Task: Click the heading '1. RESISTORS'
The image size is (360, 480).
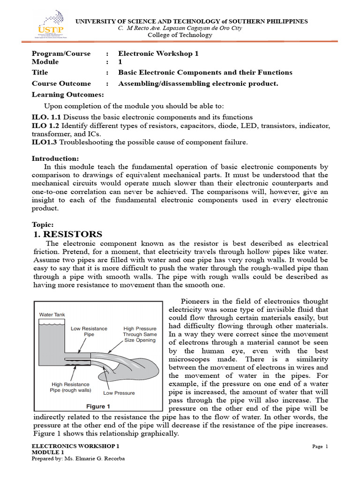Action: pos(68,234)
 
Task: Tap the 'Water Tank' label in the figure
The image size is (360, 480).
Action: pos(52,315)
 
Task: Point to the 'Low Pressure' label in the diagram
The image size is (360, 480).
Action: pos(119,392)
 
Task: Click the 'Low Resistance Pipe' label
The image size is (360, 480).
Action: pos(89,331)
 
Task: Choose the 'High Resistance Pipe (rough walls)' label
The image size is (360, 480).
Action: pos(71,387)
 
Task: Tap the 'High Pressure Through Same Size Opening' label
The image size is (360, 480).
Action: pos(139,334)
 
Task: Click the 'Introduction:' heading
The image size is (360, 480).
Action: pos(55,158)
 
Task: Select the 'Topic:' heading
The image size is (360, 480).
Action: pos(43,224)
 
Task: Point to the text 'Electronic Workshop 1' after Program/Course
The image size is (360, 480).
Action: pos(158,53)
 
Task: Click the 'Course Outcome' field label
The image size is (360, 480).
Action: pos(61,83)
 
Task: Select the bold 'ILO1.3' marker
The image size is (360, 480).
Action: pos(44,142)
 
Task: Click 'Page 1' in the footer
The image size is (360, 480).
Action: pos(320,446)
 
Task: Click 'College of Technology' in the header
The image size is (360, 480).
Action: pos(180,35)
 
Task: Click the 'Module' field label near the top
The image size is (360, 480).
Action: pos(45,62)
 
